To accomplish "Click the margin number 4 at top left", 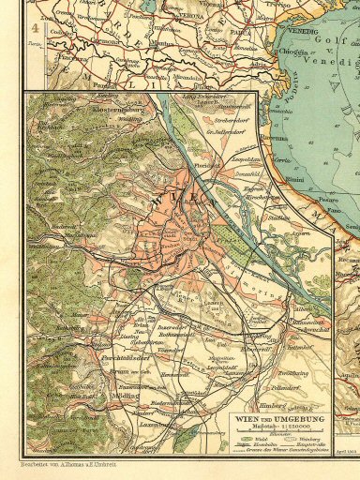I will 33,28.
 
